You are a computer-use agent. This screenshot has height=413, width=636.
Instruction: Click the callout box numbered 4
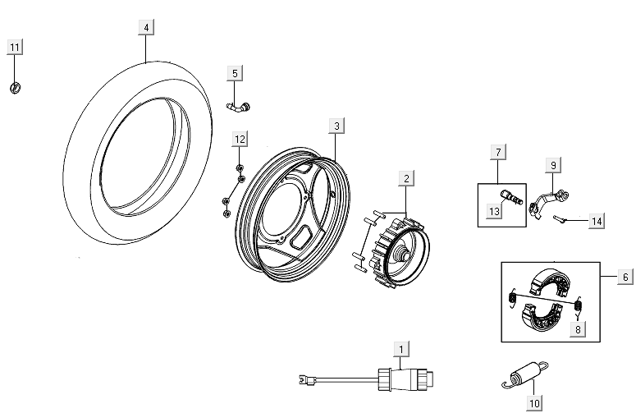tap(146, 28)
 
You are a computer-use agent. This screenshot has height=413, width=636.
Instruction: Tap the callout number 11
tap(15, 48)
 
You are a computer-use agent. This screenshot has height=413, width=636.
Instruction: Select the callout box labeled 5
tap(235, 74)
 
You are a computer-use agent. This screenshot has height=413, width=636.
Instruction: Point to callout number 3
tap(336, 126)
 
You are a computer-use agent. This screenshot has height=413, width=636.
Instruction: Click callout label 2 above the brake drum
tap(406, 177)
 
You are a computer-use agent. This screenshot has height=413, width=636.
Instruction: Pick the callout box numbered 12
tap(239, 140)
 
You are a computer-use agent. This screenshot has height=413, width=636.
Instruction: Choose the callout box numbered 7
tap(496, 152)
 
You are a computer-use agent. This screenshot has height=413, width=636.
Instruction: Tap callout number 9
tap(553, 166)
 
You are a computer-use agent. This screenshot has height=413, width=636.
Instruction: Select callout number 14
tap(597, 221)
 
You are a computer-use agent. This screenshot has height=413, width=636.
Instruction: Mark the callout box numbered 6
tap(625, 278)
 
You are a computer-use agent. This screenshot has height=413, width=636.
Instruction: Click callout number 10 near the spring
tap(534, 403)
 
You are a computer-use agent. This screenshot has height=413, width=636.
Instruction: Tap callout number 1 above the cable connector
tap(400, 350)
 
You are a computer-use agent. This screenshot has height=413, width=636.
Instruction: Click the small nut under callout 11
tap(16, 88)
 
